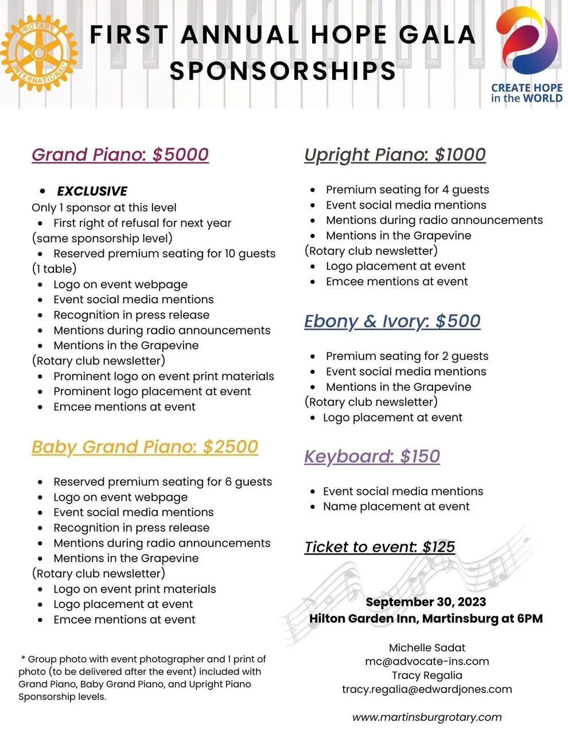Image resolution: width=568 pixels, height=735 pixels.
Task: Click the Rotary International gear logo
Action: pos(39,53)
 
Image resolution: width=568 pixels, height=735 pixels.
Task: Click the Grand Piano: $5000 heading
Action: pos(120,154)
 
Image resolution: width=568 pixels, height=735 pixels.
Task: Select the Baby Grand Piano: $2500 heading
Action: pos(145,447)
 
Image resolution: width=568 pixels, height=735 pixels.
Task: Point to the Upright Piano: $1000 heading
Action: pos(395,154)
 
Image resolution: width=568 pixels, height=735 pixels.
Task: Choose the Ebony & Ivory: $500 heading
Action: pos(392,321)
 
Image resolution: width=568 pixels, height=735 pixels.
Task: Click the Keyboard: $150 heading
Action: pos(372,457)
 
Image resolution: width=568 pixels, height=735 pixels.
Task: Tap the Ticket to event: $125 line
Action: pos(379,547)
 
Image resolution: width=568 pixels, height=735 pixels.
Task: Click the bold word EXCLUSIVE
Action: pos(92,191)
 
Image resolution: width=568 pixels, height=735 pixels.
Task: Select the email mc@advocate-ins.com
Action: pos(427,661)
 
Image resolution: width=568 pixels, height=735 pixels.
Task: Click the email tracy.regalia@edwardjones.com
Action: pos(427,689)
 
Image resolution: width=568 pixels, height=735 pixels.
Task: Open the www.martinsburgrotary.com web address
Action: pos(427,717)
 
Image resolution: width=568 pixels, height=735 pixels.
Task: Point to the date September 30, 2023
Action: pos(426,602)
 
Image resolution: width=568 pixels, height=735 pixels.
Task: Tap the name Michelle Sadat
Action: pos(427,648)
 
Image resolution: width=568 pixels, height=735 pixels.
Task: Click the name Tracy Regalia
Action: pos(427,675)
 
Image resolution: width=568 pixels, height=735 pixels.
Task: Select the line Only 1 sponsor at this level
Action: pos(104,208)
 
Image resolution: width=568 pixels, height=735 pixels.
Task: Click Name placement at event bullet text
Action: pos(396,506)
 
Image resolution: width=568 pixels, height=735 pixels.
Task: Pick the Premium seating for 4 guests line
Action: pos(407,189)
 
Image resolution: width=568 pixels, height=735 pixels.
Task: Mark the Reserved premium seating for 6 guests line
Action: pos(162,482)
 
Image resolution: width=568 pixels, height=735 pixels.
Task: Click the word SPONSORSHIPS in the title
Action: pos(283,71)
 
